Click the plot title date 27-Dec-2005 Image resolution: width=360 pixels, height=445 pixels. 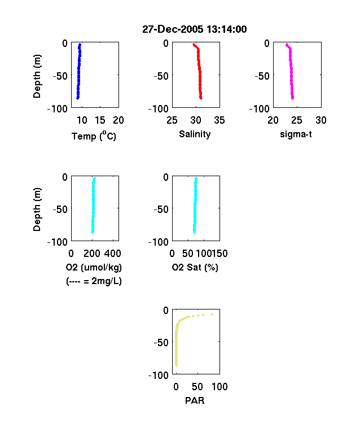tap(173, 29)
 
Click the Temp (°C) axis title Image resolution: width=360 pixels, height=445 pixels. tap(94, 136)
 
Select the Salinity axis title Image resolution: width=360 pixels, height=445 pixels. tap(195, 134)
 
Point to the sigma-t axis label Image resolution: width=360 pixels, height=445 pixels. tap(296, 134)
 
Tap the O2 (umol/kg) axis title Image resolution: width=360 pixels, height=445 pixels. tap(94, 267)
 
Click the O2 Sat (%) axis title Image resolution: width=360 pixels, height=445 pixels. tap(195, 267)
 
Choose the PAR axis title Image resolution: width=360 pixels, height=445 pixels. tap(195, 400)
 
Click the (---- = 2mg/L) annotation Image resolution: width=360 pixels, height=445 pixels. tap(94, 281)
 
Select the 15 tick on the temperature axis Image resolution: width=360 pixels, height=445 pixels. tap(100, 120)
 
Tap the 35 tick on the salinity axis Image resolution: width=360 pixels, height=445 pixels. tap(219, 120)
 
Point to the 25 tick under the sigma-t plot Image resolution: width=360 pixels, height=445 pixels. tap(297, 120)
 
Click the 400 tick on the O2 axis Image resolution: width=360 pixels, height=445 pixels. tap(113, 254)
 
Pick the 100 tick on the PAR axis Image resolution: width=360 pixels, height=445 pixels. tap(219, 386)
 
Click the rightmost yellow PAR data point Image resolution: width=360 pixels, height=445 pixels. tap(212, 314)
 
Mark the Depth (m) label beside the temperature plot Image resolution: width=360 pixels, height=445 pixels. tap(37, 76)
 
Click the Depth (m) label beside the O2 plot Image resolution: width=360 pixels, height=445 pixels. tap(37, 210)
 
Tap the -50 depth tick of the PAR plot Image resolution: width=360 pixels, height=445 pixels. tap(161, 343)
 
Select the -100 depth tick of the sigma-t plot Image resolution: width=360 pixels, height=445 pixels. tap(259, 108)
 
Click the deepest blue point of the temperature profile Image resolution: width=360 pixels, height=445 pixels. tap(78, 98)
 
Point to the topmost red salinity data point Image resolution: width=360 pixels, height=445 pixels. tap(194, 45)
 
